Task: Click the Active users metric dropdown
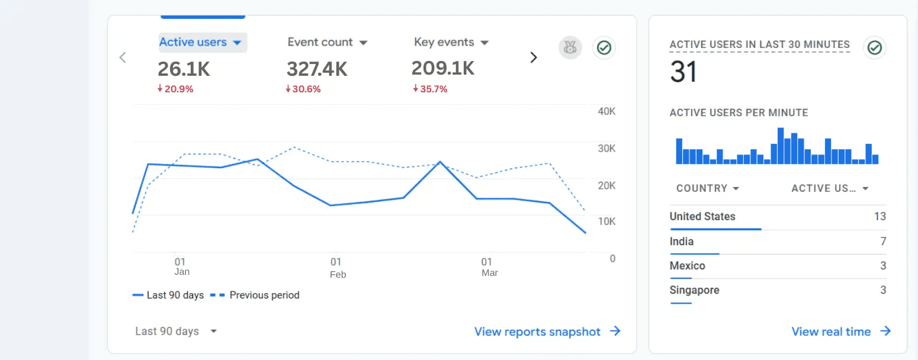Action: point(202,43)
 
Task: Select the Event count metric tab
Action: point(328,43)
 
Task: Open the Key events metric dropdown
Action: point(451,43)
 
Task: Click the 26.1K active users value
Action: point(184,69)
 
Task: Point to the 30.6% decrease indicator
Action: point(303,89)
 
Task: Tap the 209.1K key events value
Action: point(443,69)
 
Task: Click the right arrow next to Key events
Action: point(534,57)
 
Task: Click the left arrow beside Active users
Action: point(123,57)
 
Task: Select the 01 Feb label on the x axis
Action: point(337,268)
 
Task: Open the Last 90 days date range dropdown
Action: point(176,332)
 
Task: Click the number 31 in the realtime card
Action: point(683,72)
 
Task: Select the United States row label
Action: point(702,217)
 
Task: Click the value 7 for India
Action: point(882,242)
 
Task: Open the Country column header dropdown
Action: point(708,188)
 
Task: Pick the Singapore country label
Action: point(694,290)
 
